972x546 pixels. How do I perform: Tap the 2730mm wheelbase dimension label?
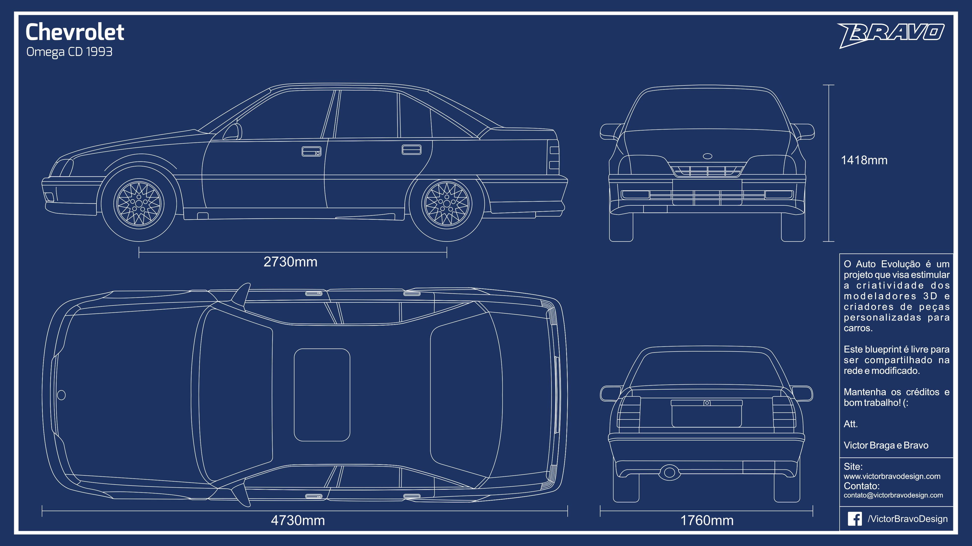[x=290, y=262]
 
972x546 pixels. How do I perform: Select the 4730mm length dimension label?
[x=298, y=520]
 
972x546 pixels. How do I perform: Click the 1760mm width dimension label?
[x=707, y=520]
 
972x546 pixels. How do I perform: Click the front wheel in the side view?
[x=139, y=204]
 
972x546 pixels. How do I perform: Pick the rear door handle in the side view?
[x=411, y=149]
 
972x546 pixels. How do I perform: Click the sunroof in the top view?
[x=322, y=395]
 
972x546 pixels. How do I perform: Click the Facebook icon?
[x=855, y=519]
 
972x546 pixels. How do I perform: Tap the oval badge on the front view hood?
[x=707, y=156]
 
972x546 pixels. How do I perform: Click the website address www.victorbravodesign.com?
[x=892, y=476]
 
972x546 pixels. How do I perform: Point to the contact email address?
[x=893, y=495]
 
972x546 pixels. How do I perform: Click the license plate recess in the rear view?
[x=707, y=414]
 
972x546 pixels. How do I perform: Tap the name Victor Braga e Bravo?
[x=886, y=445]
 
